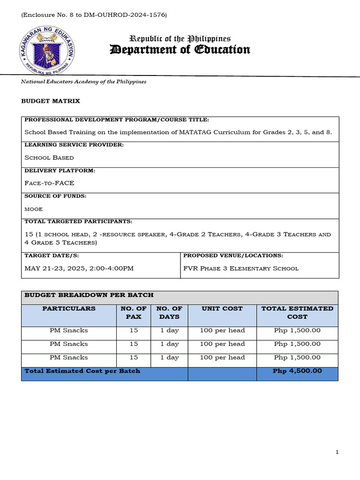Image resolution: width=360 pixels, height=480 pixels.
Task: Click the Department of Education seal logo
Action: pos(46,49)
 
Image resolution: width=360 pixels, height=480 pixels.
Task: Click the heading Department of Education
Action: pos(180,50)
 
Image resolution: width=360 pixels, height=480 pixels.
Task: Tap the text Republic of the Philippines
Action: pos(180,39)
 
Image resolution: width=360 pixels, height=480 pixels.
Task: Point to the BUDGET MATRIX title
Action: pos(51,101)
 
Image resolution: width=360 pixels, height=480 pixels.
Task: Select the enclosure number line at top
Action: pos(94,15)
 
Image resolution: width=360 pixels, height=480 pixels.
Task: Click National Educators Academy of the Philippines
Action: pos(83,82)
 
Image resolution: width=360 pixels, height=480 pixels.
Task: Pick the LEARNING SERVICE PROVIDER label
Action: pos(74,145)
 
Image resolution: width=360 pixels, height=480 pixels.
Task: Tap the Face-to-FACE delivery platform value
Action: pos(49,183)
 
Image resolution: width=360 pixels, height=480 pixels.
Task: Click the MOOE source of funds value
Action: pos(33,209)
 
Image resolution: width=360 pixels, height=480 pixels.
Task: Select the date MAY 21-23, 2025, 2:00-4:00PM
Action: pos(79,268)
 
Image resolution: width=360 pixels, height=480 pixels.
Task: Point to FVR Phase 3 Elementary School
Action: pos(240,268)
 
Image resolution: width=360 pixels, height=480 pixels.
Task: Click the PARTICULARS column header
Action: pos(69,308)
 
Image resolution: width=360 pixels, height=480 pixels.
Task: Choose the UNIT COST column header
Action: pos(222,308)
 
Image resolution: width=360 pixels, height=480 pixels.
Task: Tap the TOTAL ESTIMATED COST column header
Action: pos(297,313)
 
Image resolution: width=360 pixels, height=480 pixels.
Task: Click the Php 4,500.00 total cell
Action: pos(297,371)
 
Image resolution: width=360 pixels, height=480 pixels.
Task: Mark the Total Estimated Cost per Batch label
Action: pos(82,371)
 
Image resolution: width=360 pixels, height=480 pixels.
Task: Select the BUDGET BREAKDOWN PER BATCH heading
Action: pos(89,295)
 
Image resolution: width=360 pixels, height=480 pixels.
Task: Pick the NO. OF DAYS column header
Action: pos(169,313)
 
